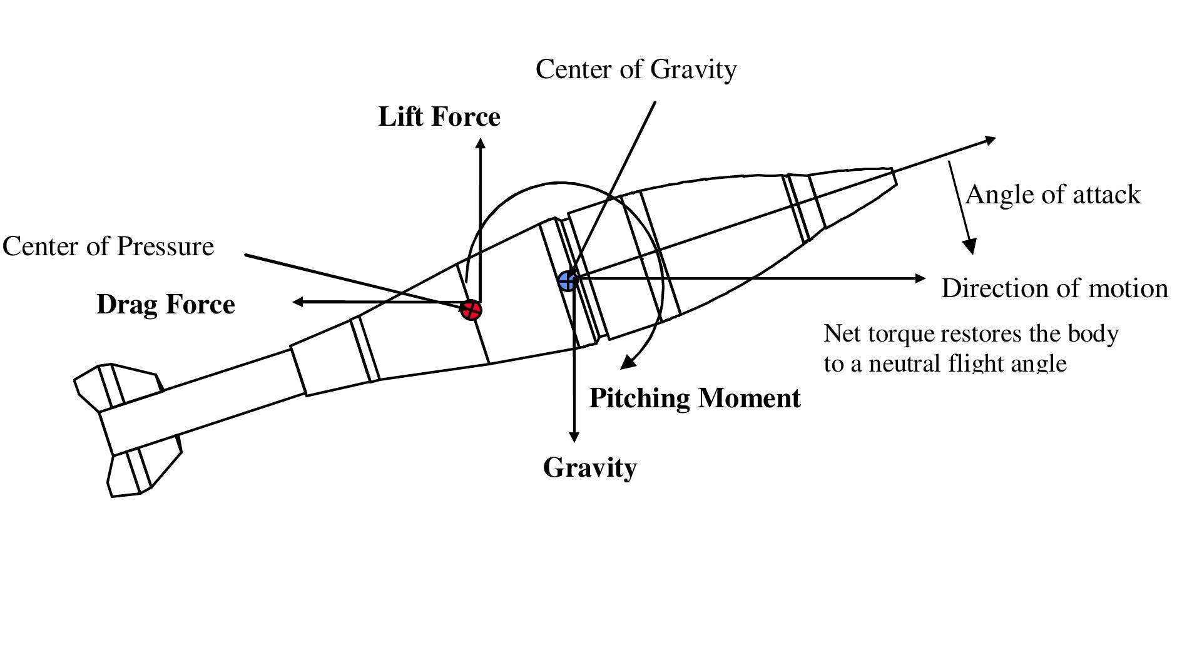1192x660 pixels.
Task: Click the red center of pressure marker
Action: click(471, 309)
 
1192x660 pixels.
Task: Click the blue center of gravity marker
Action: click(568, 281)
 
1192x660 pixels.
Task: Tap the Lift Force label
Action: click(439, 117)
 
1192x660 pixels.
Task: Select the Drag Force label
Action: click(166, 305)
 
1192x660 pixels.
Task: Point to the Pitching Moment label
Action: click(695, 398)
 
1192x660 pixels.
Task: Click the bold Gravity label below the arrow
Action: click(589, 467)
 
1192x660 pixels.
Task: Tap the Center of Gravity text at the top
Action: click(636, 69)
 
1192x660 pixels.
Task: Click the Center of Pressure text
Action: click(108, 246)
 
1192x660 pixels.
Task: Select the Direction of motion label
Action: click(1054, 288)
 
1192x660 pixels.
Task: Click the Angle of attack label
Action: click(1052, 195)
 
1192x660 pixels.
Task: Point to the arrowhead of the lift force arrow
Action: click(480, 143)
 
